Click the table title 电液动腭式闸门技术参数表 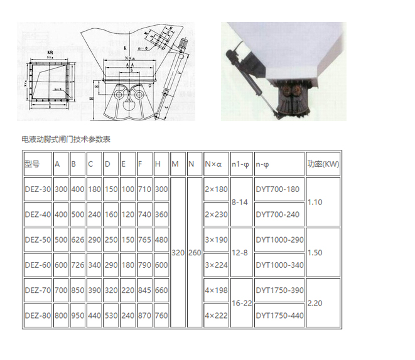(65, 139)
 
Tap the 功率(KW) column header (323, 164)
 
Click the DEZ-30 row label (37, 189)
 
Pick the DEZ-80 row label (37, 315)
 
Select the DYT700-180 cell (278, 189)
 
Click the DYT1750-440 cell (279, 315)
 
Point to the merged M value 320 (178, 253)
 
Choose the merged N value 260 (194, 253)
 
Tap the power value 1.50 (315, 253)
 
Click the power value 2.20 (315, 302)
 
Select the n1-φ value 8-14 (240, 202)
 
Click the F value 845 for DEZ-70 (144, 290)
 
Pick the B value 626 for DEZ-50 (77, 240)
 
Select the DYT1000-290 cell (279, 240)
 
